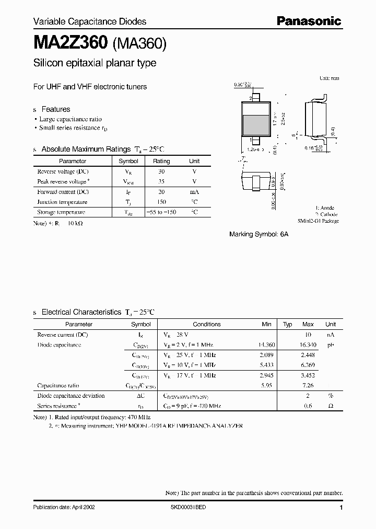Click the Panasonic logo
[x=308, y=21]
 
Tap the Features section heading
[x=55, y=109]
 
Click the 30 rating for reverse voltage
[x=161, y=171]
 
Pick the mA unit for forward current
[x=194, y=192]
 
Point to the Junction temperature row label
[x=62, y=202]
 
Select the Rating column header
[x=161, y=162]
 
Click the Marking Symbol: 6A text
[x=258, y=235]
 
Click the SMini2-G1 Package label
[x=319, y=221]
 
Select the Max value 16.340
[x=308, y=345]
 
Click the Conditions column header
[x=207, y=324]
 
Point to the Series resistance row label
[x=58, y=406]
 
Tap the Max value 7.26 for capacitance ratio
[x=308, y=385]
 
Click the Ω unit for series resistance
[x=331, y=406]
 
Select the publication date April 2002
[x=64, y=508]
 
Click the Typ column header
[x=287, y=324]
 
